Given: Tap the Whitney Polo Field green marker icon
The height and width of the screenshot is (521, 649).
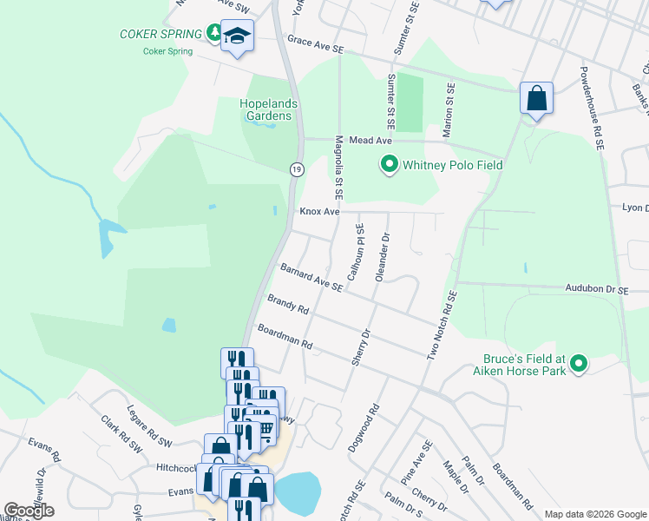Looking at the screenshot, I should click(x=390, y=163).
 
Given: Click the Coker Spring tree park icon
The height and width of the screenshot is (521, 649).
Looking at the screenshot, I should click(x=214, y=33).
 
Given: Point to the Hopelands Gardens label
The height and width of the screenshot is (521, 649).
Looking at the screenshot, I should click(x=268, y=109).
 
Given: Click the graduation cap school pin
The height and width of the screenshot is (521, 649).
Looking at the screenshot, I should click(x=237, y=37).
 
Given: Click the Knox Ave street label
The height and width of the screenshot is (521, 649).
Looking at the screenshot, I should click(x=318, y=211).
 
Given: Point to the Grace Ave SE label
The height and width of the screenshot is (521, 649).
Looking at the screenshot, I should click(x=316, y=50).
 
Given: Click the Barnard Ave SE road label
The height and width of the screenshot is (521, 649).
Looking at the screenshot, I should click(x=311, y=280).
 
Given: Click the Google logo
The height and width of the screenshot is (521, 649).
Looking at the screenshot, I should click(x=29, y=511).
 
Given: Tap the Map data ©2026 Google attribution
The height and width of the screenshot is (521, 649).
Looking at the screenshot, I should click(x=594, y=514).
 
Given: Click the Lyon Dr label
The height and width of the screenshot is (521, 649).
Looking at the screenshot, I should click(x=635, y=208).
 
